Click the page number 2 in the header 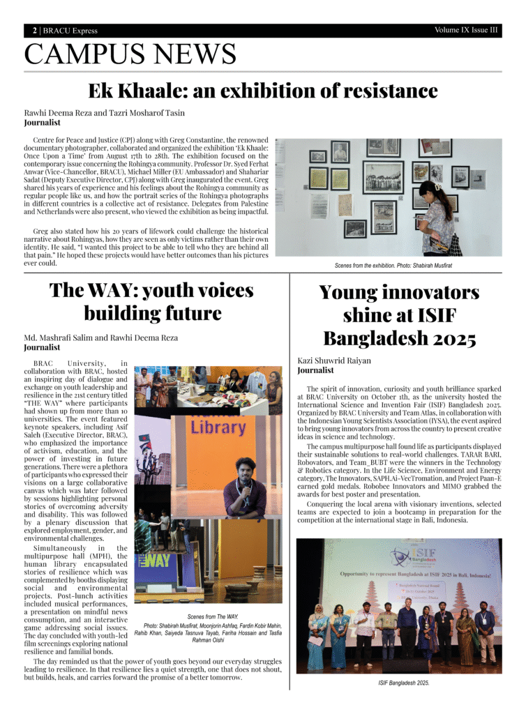click(34, 31)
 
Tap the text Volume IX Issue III click(466, 30)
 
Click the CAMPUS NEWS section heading click(130, 54)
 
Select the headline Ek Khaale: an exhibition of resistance click(262, 91)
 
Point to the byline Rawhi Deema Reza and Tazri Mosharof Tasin click(105, 112)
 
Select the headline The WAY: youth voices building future click(151, 301)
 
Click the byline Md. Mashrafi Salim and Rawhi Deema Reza click(101, 337)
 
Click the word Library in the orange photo click(218, 426)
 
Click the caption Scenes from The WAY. click(213, 616)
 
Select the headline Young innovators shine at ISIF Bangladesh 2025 click(399, 315)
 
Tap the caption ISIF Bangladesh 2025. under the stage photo click(398, 683)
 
